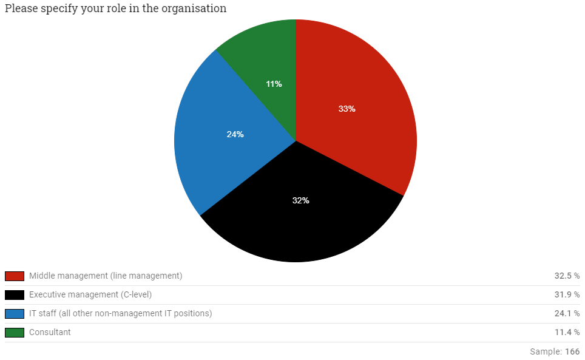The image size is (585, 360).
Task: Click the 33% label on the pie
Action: point(347,109)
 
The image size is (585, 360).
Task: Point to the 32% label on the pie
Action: point(300,200)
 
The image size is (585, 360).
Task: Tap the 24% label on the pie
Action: point(235,134)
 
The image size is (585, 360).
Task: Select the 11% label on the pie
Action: point(274,84)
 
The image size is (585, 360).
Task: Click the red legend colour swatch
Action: point(15,276)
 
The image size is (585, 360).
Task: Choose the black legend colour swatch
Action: point(15,295)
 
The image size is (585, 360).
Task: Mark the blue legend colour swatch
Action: point(15,314)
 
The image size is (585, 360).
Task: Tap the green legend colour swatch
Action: point(15,333)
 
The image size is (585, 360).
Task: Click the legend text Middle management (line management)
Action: point(106,276)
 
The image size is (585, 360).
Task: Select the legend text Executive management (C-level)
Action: point(90,295)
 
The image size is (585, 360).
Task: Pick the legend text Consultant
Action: point(50,333)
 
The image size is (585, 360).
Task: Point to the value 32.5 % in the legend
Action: point(567,276)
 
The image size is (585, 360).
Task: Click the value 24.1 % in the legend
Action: point(567,314)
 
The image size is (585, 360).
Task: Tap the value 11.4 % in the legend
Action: point(567,333)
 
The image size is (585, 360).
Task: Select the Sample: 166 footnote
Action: point(555,352)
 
